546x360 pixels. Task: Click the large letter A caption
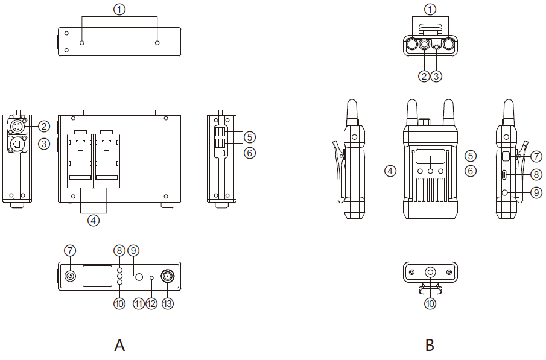tap(119, 345)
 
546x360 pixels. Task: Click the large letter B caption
tap(430, 345)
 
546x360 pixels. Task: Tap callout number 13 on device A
tap(168, 303)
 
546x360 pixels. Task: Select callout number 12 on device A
tap(151, 303)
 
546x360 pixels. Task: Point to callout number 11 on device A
tap(139, 303)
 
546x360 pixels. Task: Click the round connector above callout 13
tap(168, 276)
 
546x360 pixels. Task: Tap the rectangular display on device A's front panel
tap(97, 276)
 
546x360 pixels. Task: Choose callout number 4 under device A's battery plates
tap(94, 220)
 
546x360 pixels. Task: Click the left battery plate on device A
tap(80, 159)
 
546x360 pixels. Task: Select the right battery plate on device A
tap(107, 159)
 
